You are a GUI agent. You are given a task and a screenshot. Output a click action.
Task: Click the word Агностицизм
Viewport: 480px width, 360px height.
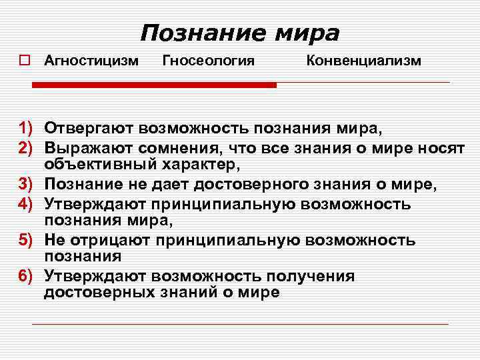tap(91, 61)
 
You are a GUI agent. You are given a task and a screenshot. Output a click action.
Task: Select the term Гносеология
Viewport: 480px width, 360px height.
tap(209, 61)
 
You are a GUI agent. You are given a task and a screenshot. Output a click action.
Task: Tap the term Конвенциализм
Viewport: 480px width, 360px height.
tap(363, 61)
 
